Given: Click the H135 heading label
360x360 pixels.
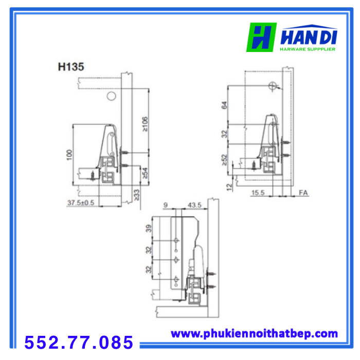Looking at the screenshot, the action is pyautogui.click(x=71, y=67).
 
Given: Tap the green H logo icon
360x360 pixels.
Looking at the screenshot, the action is pyautogui.click(x=261, y=37).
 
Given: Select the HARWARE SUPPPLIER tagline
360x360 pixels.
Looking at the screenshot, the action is pyautogui.click(x=308, y=49).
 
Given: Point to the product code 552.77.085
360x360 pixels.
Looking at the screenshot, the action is pyautogui.click(x=79, y=343).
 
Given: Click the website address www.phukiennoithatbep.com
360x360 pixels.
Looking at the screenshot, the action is pyautogui.click(x=255, y=334).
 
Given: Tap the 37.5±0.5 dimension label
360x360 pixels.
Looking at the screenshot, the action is pyautogui.click(x=81, y=203).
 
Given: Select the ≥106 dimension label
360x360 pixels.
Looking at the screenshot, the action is pyautogui.click(x=145, y=124).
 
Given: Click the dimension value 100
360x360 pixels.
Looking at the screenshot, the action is pyautogui.click(x=69, y=155).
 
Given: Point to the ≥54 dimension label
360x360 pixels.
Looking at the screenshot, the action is pyautogui.click(x=145, y=173).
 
